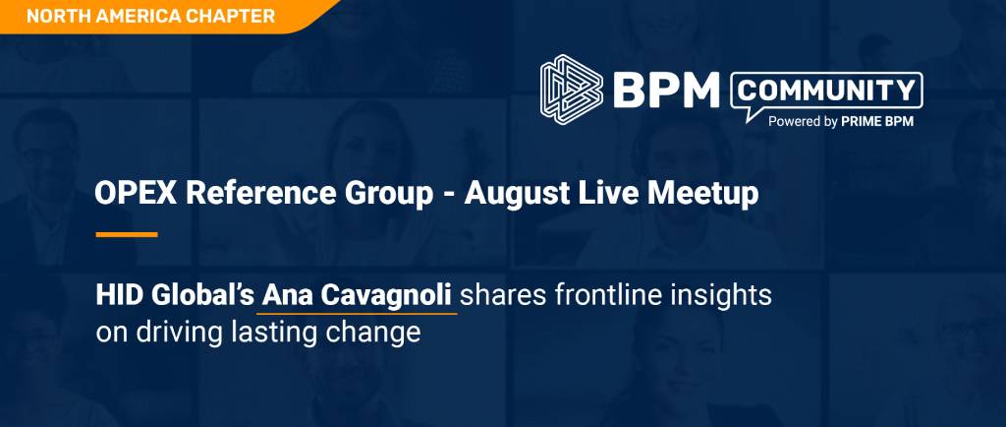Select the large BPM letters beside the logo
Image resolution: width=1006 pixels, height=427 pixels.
pos(666,90)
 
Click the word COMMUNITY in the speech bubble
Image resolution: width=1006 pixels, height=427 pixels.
pos(827,91)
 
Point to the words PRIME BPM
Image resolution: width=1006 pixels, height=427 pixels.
pos(877,121)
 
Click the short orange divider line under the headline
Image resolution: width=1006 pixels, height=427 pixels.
pos(127,235)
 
